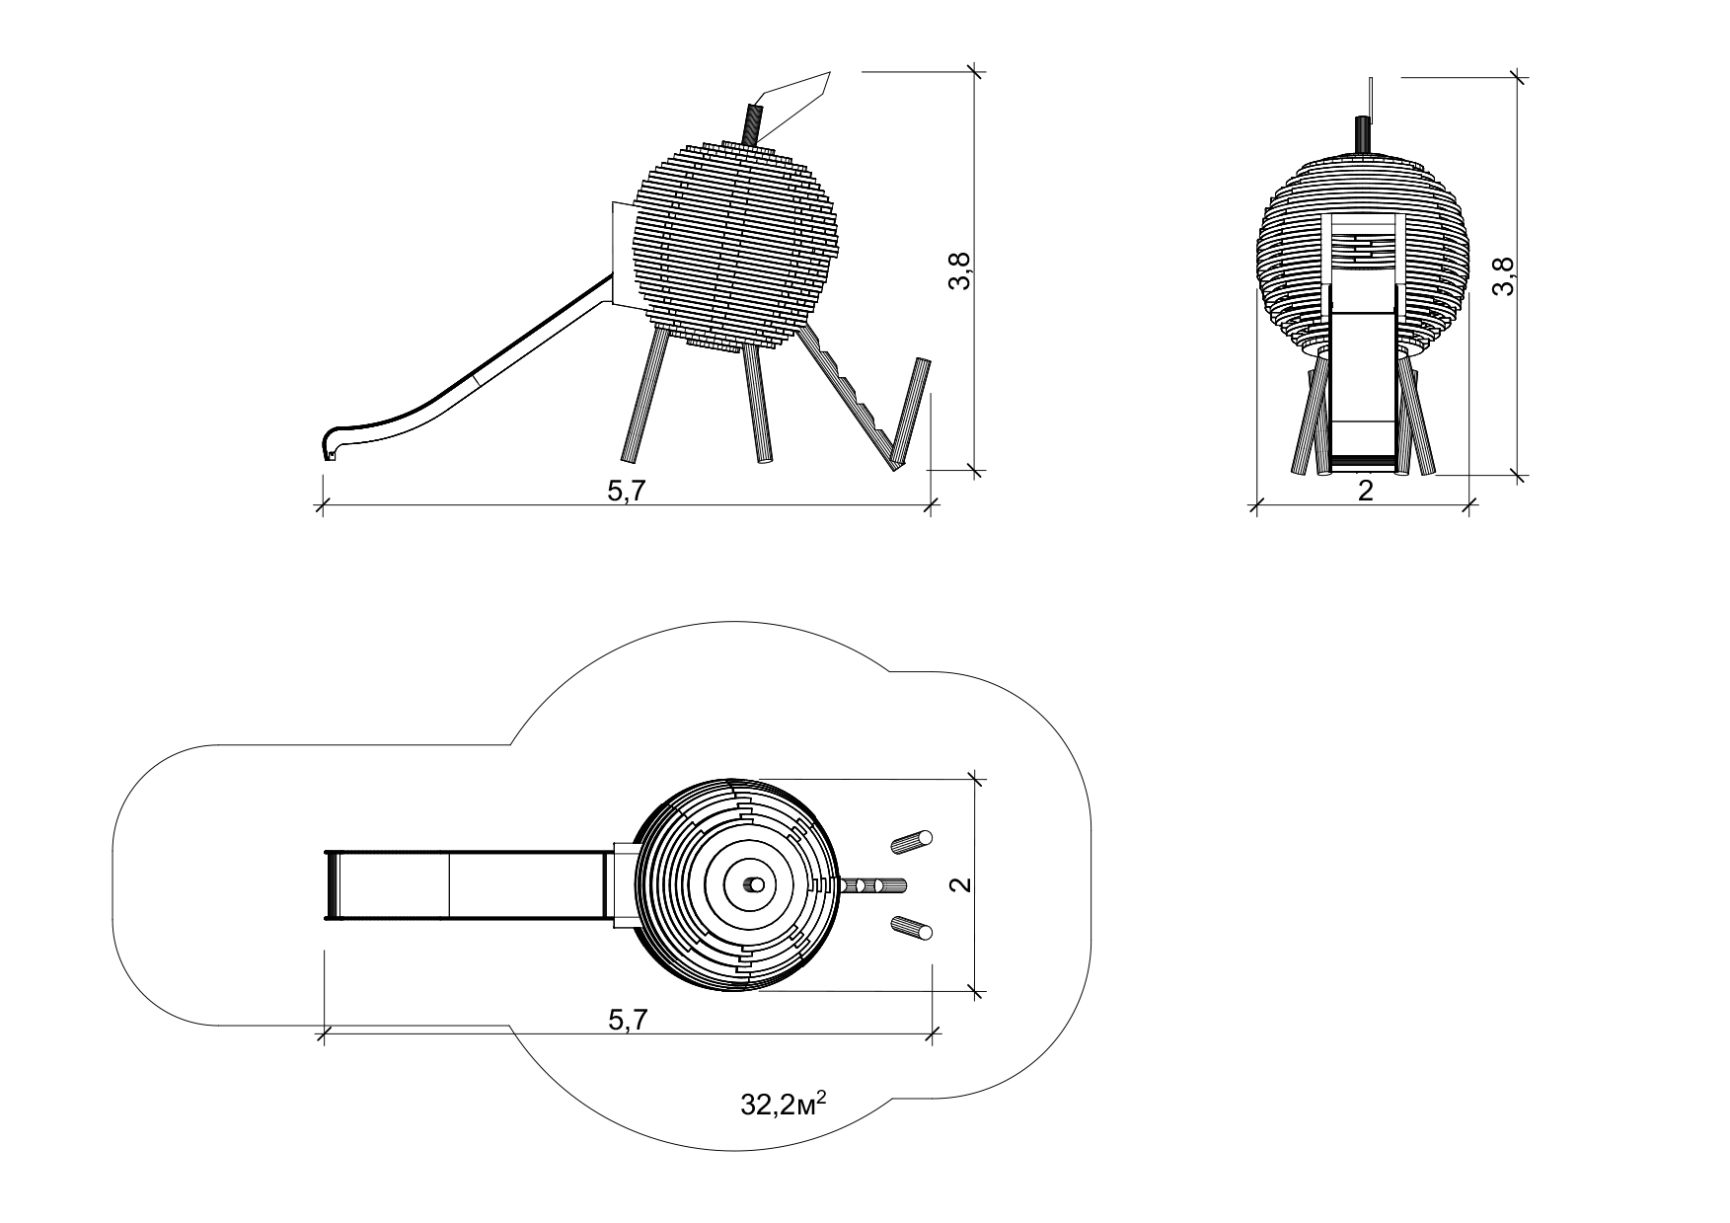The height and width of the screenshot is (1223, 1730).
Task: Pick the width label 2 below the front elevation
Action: click(x=1365, y=491)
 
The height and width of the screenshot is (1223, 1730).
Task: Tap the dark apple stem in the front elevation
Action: click(x=1363, y=134)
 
